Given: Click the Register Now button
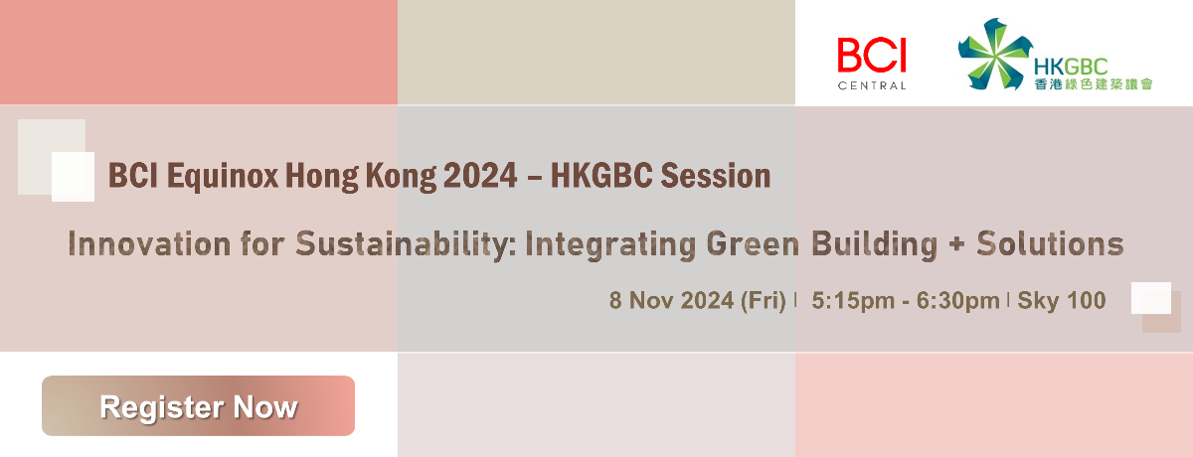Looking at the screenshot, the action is click(x=198, y=406).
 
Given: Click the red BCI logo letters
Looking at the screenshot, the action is click(x=871, y=55).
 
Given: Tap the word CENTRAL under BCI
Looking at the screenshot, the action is click(x=871, y=85).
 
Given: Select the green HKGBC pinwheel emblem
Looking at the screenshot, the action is click(x=994, y=54).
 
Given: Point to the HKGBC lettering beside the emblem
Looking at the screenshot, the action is click(x=1071, y=67).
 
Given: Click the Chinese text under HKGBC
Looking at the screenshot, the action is click(x=1094, y=84).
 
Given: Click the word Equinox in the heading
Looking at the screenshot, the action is click(x=223, y=176).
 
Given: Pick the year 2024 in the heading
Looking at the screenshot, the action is click(x=480, y=176).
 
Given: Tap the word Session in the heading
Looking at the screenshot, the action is click(x=715, y=176).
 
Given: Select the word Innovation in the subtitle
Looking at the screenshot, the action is click(x=150, y=244).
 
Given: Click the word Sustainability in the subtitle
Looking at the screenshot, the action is click(x=406, y=244).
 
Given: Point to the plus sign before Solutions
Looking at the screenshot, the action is click(x=956, y=244).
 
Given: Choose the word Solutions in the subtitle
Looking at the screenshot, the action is click(x=1050, y=244).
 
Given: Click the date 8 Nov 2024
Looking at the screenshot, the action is click(x=672, y=301).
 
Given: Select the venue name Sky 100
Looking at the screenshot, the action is click(x=1062, y=301).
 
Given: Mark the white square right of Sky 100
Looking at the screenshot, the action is click(x=1151, y=298).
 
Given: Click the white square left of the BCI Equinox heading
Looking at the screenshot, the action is click(x=73, y=177).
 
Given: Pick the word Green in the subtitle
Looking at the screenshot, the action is click(x=753, y=244).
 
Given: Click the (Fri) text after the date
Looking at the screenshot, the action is click(x=764, y=301).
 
